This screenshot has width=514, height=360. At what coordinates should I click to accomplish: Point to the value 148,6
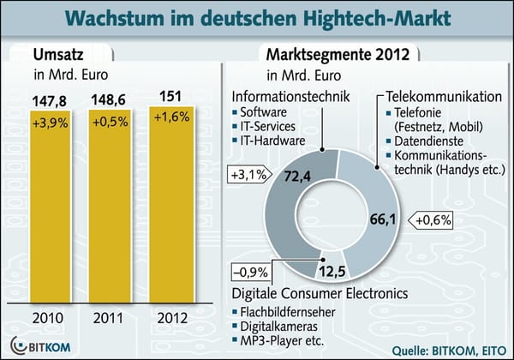coord(111,101)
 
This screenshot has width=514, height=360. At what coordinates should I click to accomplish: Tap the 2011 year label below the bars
coord(111,319)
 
